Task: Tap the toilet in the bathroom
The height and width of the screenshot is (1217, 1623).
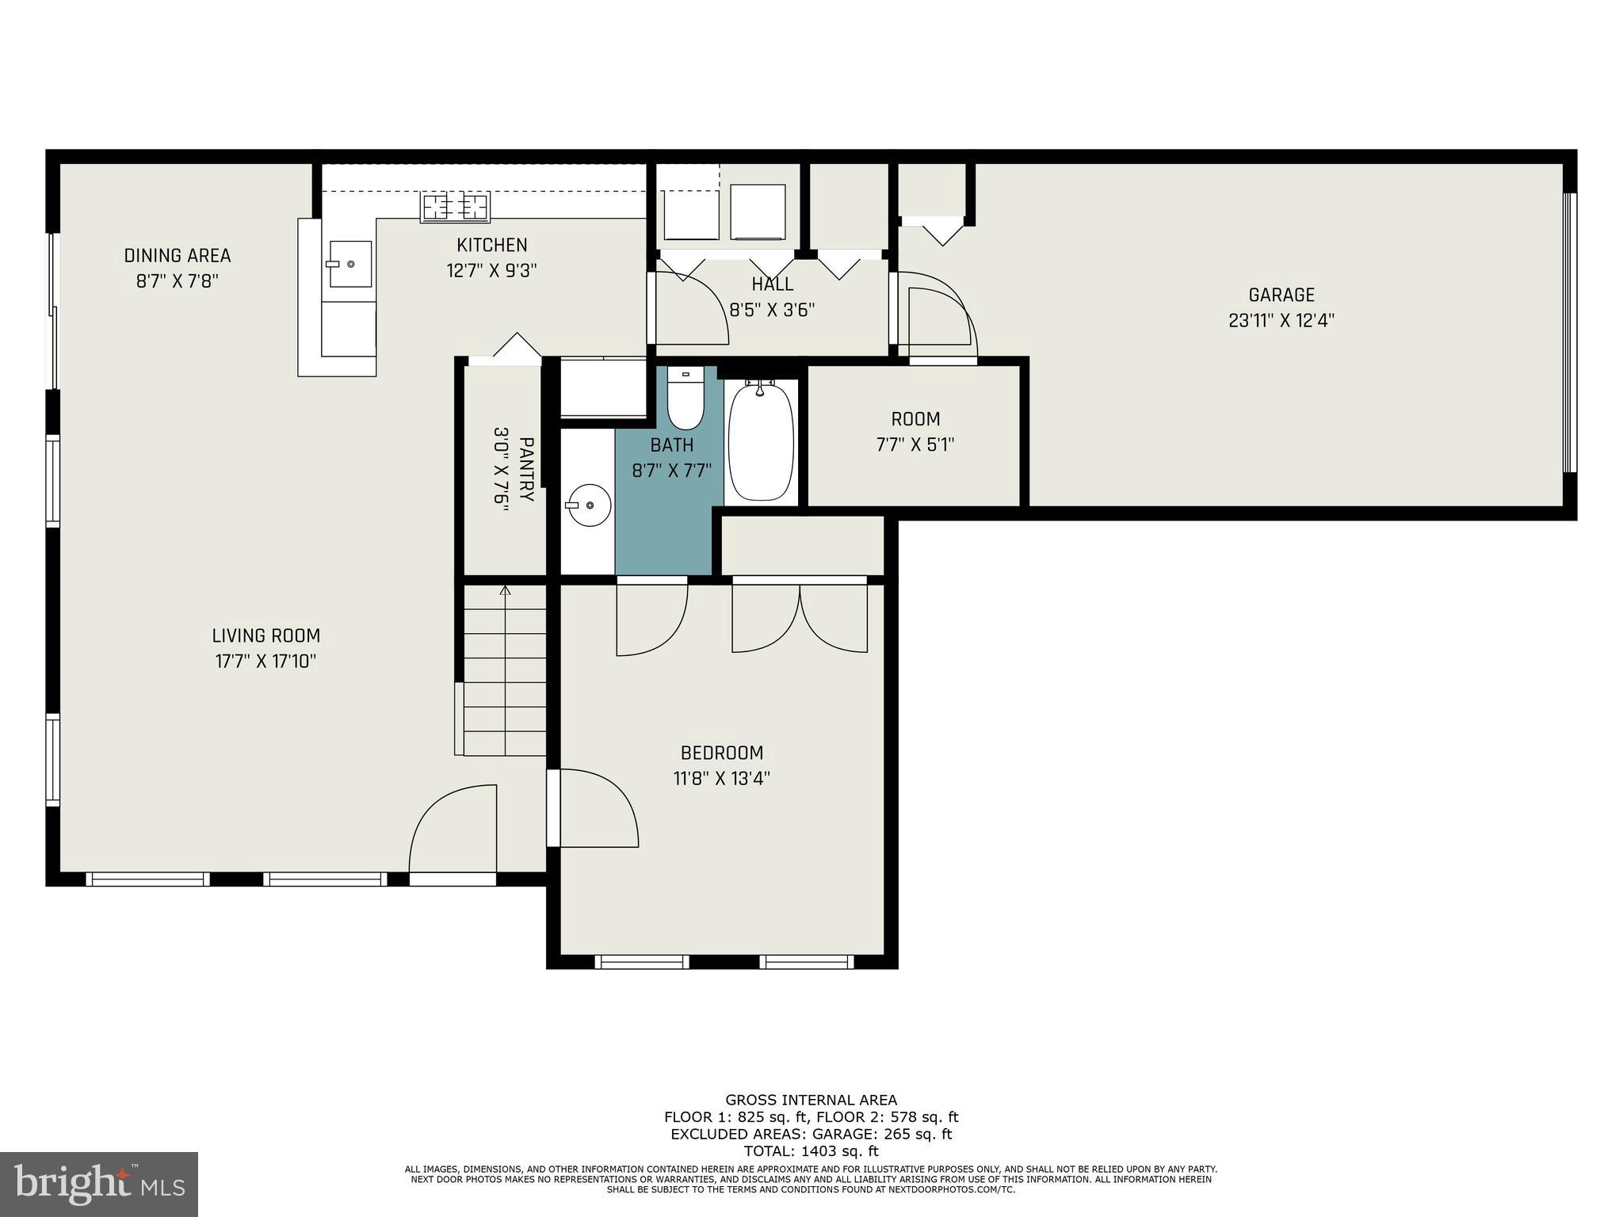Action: click(x=685, y=399)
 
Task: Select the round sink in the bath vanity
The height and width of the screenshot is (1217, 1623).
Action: click(x=588, y=505)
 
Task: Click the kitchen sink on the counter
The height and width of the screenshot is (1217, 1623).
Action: click(x=350, y=264)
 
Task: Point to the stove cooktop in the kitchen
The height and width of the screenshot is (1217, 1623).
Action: click(x=456, y=207)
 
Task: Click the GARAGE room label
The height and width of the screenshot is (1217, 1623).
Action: click(x=1281, y=296)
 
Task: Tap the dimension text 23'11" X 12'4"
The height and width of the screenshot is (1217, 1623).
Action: click(x=1281, y=321)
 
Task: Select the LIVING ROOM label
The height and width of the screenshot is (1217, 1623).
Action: click(x=266, y=635)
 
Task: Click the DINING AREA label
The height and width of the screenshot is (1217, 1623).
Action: click(x=178, y=256)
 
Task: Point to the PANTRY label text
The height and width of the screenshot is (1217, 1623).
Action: click(x=526, y=469)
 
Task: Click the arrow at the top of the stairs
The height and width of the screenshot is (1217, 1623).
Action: click(x=506, y=589)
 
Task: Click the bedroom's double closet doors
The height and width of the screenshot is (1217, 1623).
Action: click(x=800, y=618)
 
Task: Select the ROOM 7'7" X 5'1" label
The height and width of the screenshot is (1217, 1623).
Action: click(x=915, y=432)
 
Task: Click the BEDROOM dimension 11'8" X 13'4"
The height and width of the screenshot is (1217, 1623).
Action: click(x=722, y=779)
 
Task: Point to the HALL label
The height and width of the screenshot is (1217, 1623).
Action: click(x=772, y=284)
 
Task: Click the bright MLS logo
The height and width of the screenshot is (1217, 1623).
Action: click(x=99, y=1184)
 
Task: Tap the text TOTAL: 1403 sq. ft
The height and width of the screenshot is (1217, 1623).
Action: click(x=811, y=1151)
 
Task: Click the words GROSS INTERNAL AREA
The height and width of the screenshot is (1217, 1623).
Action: click(x=811, y=1100)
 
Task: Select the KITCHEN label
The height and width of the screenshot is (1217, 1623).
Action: click(x=491, y=245)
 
